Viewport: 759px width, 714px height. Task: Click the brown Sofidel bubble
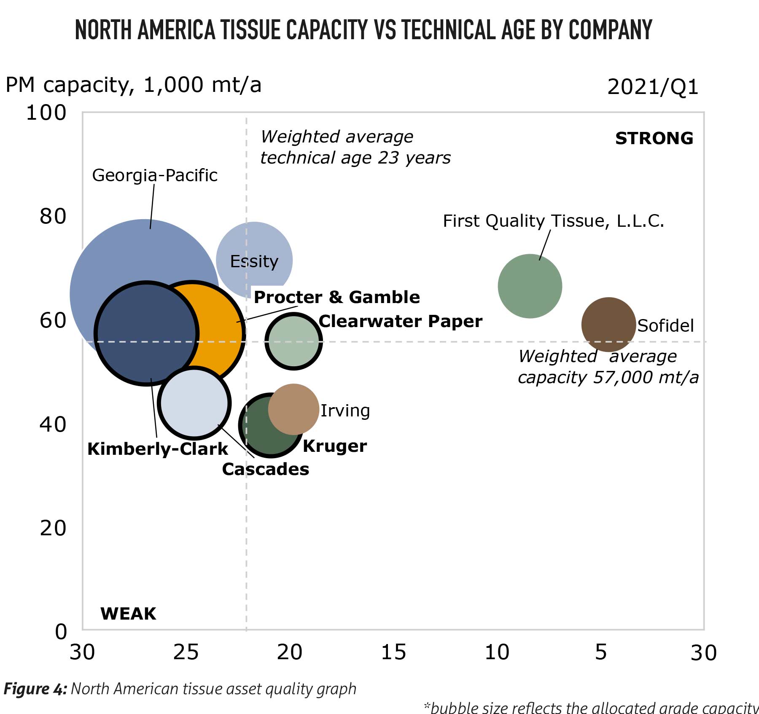(x=608, y=324)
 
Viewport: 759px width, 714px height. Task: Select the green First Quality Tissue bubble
(x=530, y=286)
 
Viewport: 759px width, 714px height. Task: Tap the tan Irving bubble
(x=293, y=409)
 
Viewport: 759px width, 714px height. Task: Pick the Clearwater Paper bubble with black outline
(x=293, y=341)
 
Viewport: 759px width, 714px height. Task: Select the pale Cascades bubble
(x=194, y=403)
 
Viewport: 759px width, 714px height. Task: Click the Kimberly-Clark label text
(x=157, y=449)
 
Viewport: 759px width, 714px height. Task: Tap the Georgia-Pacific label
(x=155, y=175)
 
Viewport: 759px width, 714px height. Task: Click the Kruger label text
(x=335, y=446)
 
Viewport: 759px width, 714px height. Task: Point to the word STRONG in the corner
(x=654, y=139)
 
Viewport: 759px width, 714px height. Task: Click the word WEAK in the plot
(x=128, y=614)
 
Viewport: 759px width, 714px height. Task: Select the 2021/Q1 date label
(x=653, y=87)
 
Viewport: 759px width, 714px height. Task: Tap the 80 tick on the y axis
(x=53, y=216)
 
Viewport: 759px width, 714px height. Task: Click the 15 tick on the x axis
(x=393, y=652)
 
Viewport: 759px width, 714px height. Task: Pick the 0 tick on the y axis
(x=61, y=632)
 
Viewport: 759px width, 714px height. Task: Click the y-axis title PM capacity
(x=133, y=85)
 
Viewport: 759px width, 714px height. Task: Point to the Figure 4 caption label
(x=35, y=689)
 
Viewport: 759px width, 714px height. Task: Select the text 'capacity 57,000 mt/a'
(x=608, y=377)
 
